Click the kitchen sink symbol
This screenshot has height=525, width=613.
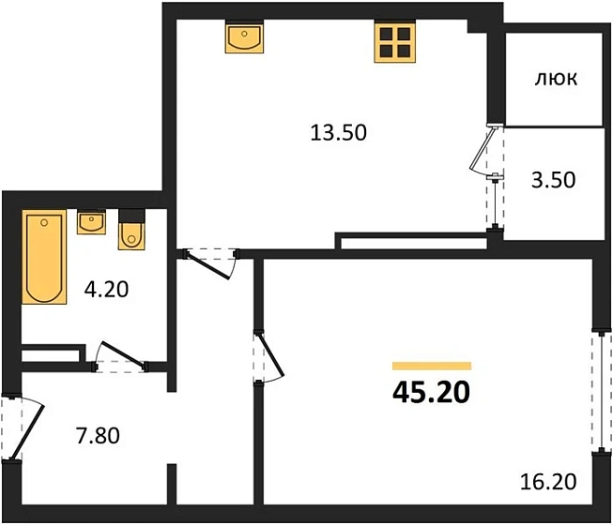pyautogui.click(x=244, y=39)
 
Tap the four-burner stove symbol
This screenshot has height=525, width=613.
pyautogui.click(x=394, y=41)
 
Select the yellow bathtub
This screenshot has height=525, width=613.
pyautogui.click(x=44, y=258)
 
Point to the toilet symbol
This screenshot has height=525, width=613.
pyautogui.click(x=130, y=232)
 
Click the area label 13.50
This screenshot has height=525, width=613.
pyautogui.click(x=338, y=132)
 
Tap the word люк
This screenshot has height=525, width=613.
pyautogui.click(x=556, y=80)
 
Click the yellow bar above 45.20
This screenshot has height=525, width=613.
pyautogui.click(x=432, y=366)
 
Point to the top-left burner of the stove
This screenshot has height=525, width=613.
pyautogui.click(x=386, y=33)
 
